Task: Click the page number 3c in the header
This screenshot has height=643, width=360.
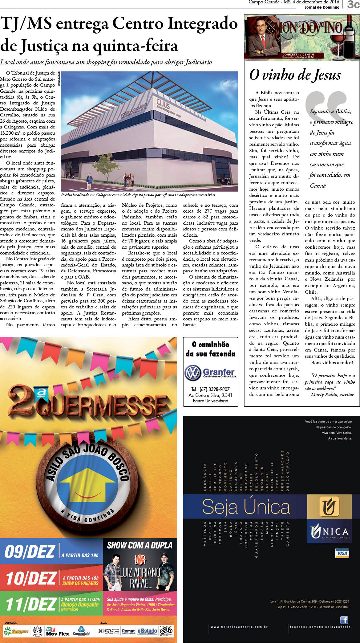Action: click(353, 5)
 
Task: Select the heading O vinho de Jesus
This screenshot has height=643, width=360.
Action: click(295, 75)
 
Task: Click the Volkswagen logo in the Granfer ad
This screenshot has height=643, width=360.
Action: click(193, 372)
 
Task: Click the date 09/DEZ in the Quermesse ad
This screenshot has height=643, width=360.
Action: click(30, 551)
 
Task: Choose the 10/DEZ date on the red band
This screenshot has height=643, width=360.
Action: click(31, 578)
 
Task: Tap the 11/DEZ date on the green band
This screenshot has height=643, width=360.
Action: click(31, 604)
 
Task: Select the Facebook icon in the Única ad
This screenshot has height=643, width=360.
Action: click(344, 619)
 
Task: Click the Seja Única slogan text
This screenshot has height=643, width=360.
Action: click(246, 507)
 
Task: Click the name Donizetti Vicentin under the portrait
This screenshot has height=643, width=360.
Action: click(298, 55)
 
